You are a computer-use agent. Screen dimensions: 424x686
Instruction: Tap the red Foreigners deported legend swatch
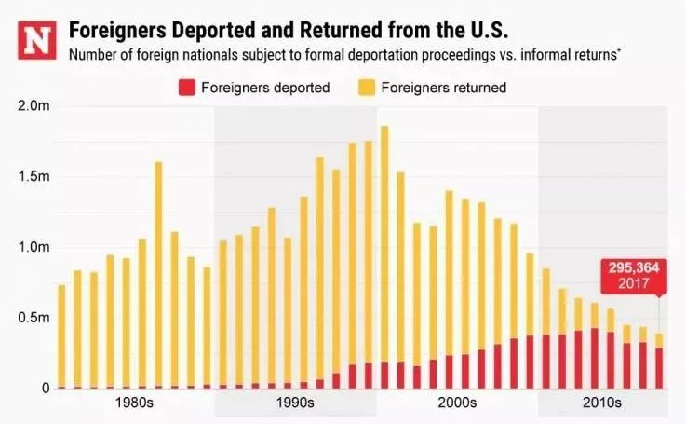tap(184, 88)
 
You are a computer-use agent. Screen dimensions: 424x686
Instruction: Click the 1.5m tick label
tap(35, 177)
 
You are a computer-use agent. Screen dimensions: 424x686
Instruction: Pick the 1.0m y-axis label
tap(35, 248)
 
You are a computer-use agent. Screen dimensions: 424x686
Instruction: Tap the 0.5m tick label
tap(35, 318)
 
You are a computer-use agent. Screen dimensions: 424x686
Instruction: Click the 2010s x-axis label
tap(602, 404)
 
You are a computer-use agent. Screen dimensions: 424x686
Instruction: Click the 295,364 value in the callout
tap(633, 267)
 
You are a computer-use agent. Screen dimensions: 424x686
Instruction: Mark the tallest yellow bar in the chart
tap(384, 242)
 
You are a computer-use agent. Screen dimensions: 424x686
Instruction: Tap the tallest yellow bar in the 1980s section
tap(158, 270)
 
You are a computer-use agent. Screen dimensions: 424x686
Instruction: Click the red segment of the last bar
tap(659, 368)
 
